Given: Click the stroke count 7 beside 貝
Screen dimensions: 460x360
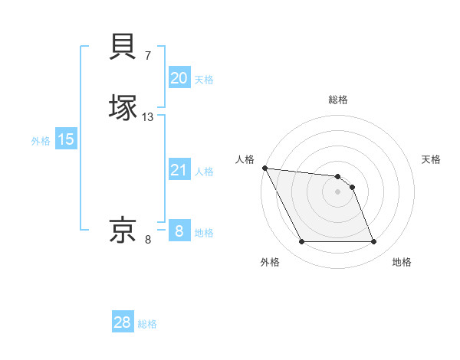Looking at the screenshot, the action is pos(147,56).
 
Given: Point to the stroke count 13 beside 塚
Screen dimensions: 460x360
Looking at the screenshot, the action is pos(148,117).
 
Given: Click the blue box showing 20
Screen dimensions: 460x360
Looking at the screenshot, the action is pos(179,78).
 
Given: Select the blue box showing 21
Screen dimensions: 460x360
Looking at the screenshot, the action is pos(179,171).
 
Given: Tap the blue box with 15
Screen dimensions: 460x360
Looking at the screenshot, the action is pos(66,139).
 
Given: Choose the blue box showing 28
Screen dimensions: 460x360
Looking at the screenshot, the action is pos(123,323).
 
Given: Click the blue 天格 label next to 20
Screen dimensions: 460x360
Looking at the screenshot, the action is pos(204,80).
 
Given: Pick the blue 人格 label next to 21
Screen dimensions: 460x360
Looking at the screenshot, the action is pos(204,172).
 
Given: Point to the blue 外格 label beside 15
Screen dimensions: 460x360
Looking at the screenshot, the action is pos(41,141).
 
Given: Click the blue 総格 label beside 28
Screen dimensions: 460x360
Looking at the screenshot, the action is pos(147,325).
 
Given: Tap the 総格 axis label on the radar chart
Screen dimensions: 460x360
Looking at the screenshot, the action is pos(338,100).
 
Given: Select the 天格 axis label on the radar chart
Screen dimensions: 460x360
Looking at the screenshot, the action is pos(432,159).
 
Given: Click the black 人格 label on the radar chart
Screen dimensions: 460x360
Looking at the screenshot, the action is pos(245,159).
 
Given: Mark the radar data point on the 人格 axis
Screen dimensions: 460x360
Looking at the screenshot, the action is pos(264,168).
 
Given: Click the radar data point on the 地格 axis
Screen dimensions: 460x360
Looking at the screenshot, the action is pos(373,242).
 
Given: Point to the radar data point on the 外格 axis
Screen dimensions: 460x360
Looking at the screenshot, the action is pos(301,242).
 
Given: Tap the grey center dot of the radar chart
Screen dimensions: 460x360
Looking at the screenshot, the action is pos(337,191).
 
